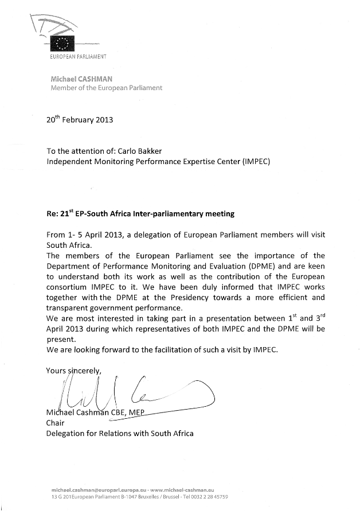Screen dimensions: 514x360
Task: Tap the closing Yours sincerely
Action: point(73,371)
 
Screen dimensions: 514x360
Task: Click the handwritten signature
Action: point(132,392)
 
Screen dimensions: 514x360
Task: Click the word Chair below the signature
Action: point(56,423)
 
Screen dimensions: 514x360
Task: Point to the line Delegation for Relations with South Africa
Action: point(119,434)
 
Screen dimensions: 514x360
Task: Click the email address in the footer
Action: point(99,489)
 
